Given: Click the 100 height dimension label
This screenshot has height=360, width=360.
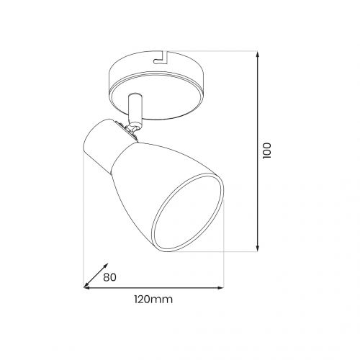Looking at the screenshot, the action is [x=266, y=150].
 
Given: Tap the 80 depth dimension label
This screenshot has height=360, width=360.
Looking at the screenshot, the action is [x=109, y=277].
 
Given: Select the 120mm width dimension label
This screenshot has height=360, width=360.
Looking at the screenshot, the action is [x=153, y=300].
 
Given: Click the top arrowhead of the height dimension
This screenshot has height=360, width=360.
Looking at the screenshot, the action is [x=258, y=54].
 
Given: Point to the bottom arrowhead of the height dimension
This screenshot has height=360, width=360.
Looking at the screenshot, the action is [x=258, y=248].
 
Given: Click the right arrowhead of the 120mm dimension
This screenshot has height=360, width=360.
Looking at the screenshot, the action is [x=221, y=287].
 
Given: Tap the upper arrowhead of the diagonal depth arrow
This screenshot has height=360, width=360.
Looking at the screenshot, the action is [x=106, y=266].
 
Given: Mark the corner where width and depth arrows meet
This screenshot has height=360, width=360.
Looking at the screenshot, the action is [x=84, y=287].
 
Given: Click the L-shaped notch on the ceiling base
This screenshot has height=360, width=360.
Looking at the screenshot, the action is [x=161, y=58].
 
